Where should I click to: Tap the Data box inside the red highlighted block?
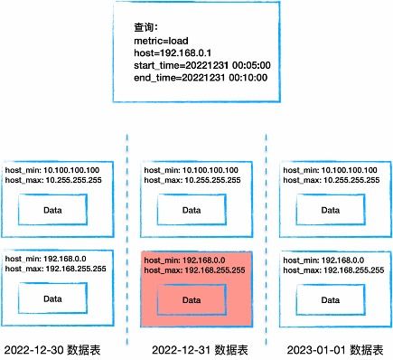tap(191, 299)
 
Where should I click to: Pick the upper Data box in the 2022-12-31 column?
tap(192, 211)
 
